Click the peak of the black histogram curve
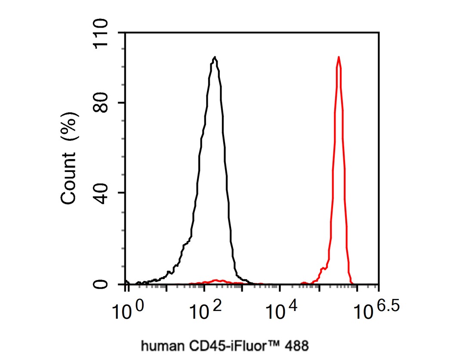coord(215,58)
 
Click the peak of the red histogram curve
coord(339,57)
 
